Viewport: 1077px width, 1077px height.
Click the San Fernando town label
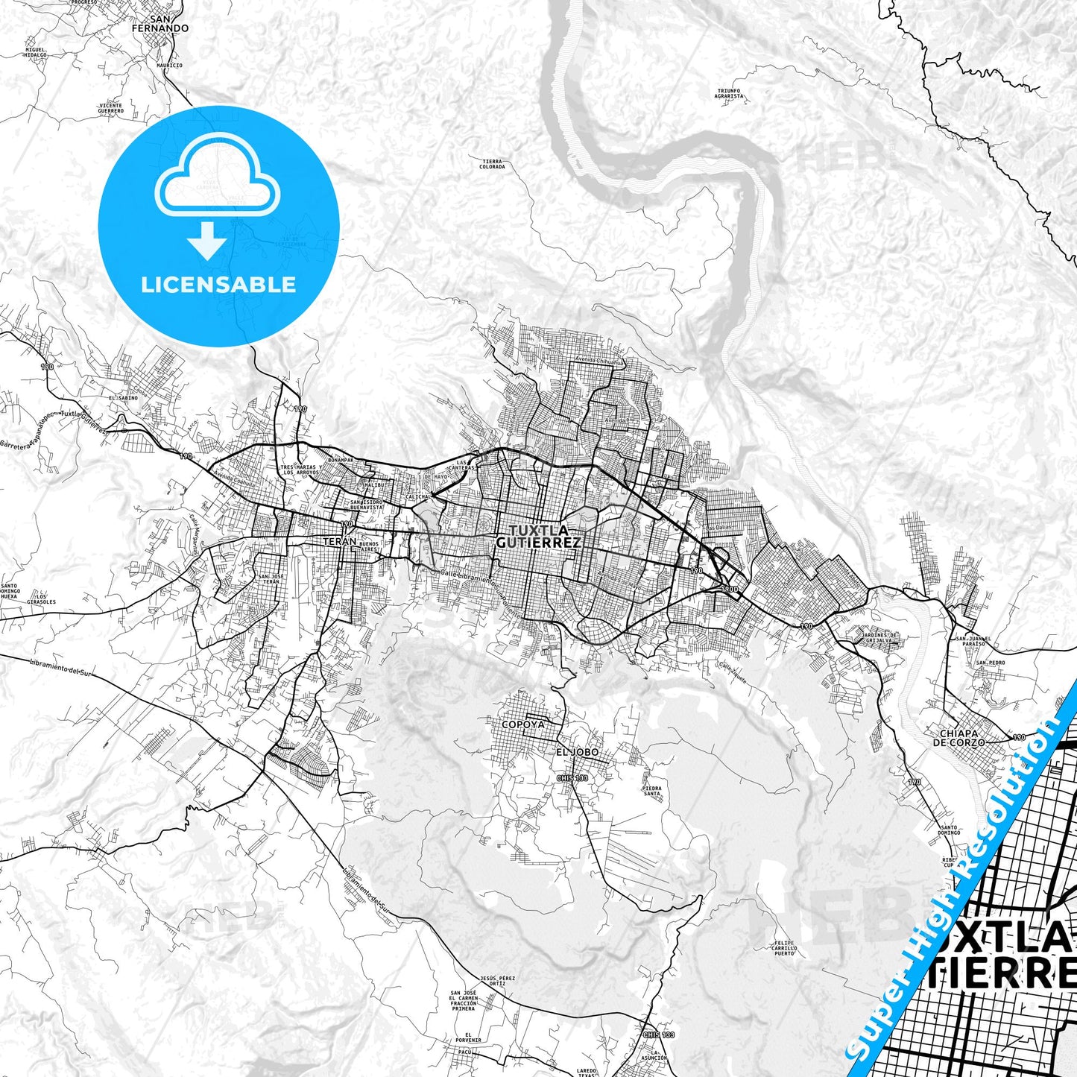point(160,23)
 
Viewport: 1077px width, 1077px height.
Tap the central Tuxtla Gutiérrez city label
point(537,537)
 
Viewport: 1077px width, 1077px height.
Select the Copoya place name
point(522,724)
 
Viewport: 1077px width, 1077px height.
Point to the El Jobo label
point(577,752)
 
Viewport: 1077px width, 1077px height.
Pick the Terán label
point(339,542)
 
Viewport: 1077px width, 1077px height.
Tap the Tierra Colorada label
point(493,164)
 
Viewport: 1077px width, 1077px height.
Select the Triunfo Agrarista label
point(729,93)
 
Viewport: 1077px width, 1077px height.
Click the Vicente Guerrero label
point(110,108)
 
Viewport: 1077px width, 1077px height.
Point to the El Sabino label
point(122,399)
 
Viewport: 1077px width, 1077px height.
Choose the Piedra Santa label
point(651,791)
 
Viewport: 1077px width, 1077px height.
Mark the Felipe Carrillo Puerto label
point(785,948)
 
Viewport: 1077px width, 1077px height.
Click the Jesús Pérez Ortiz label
point(498,980)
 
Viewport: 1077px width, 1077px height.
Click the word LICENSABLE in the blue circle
point(218,285)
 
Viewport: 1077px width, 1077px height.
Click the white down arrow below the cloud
point(207,242)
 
